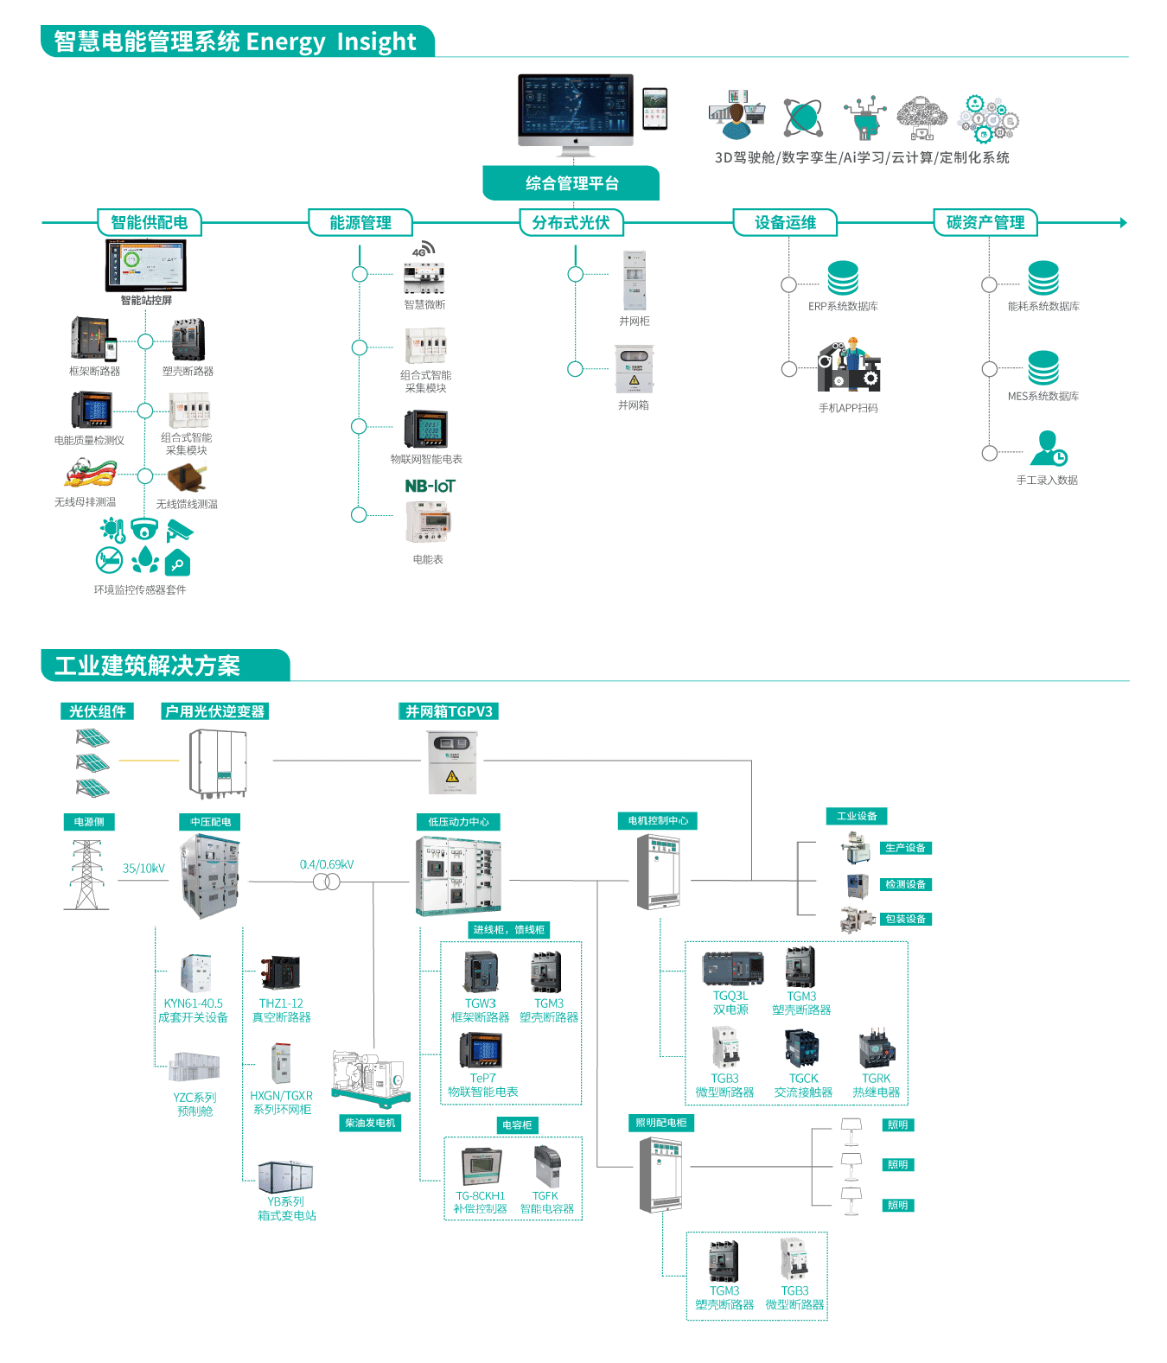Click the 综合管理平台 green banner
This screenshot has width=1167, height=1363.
(x=571, y=183)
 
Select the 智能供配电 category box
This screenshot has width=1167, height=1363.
(x=149, y=223)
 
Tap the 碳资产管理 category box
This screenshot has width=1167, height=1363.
(x=985, y=223)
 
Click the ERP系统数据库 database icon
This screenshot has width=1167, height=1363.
(x=843, y=277)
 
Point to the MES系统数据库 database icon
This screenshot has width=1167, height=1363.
(x=1043, y=368)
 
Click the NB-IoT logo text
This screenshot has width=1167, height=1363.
(x=430, y=487)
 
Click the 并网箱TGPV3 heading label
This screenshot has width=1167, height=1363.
(x=449, y=711)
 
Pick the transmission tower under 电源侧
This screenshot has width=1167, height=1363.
(x=86, y=875)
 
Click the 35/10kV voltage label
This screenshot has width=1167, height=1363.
(x=143, y=869)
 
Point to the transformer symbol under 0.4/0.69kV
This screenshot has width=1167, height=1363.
(x=326, y=882)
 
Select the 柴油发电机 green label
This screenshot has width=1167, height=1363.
(x=370, y=1123)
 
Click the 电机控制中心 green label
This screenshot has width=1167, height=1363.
(x=658, y=820)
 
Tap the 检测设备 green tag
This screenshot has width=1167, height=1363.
(x=905, y=884)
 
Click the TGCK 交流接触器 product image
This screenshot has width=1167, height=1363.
(x=803, y=1049)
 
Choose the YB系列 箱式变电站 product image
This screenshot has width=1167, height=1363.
(x=286, y=1176)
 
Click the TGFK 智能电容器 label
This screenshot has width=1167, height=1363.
(x=546, y=1202)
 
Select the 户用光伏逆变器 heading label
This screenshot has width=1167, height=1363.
(x=215, y=711)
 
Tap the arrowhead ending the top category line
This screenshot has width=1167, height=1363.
(x=1123, y=223)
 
